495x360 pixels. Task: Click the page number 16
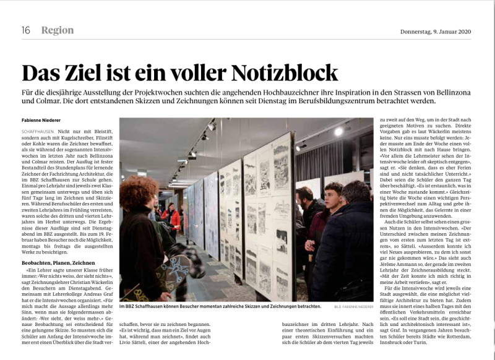pyautogui.click(x=26, y=30)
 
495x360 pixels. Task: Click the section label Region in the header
pyautogui.click(x=57, y=30)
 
